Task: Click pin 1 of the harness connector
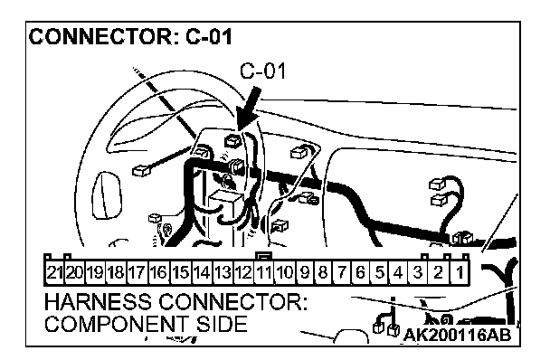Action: [460, 272]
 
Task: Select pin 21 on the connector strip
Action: [54, 272]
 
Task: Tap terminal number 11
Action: [263, 272]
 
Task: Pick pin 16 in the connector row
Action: [159, 272]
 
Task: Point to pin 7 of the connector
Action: [342, 272]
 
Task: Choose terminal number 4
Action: [398, 272]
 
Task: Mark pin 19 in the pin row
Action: [95, 272]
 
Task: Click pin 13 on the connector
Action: [223, 272]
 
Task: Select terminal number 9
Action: [305, 272]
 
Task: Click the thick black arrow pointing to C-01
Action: [249, 109]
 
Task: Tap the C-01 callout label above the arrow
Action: [262, 71]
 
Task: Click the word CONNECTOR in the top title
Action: [100, 36]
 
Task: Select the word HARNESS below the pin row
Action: [98, 302]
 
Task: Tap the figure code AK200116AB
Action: [458, 335]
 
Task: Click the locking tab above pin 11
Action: [264, 256]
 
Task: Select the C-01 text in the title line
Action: [209, 36]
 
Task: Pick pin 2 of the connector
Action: [439, 272]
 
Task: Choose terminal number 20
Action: [75, 272]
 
